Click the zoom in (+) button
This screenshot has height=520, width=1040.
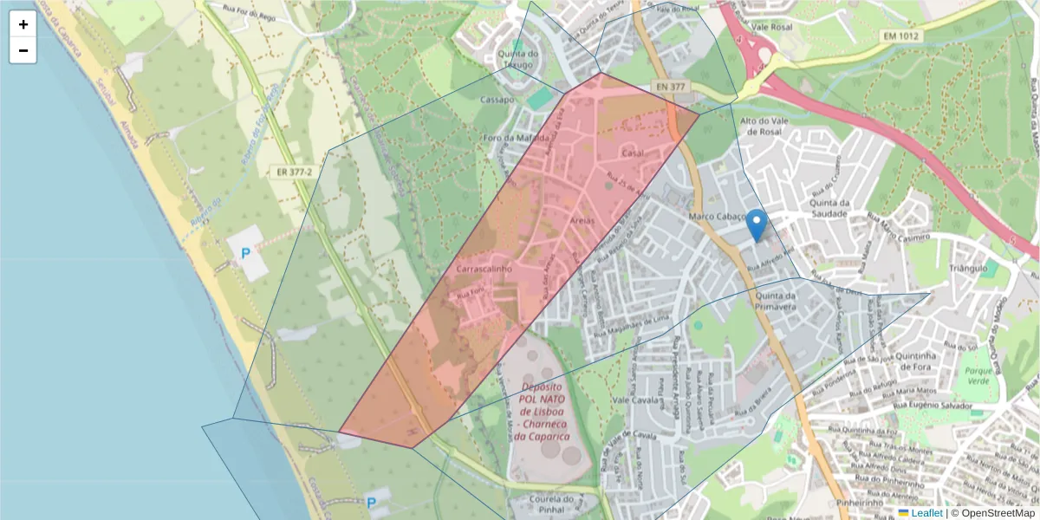click(x=23, y=24)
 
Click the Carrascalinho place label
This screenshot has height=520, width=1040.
click(x=484, y=270)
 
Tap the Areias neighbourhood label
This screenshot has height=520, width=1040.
click(x=582, y=222)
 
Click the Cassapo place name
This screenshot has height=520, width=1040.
click(x=498, y=100)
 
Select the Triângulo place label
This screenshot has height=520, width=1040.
click(x=967, y=269)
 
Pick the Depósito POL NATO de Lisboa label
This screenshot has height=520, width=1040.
click(x=542, y=412)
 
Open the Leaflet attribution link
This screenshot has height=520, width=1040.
click(x=926, y=513)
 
